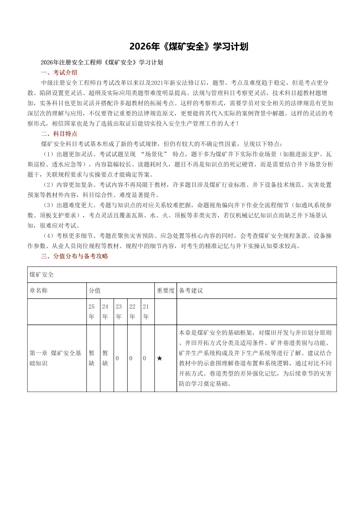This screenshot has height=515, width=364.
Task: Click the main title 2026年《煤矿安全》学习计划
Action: point(189,47)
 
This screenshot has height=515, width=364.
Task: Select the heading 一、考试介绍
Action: point(59,72)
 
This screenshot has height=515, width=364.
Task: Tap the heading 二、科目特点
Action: point(59,134)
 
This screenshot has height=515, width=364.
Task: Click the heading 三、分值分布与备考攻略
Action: point(74,256)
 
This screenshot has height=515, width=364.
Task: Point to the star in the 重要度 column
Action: point(160,359)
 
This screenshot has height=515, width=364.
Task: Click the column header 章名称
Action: point(39,291)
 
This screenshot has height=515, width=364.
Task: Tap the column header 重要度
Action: point(166,291)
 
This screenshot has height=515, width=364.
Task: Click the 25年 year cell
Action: point(92,311)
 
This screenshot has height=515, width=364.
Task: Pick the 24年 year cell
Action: point(105,311)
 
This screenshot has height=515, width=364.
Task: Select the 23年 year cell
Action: point(119,311)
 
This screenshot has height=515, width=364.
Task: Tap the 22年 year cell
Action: point(132,311)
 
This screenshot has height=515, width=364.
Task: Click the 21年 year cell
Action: point(146,311)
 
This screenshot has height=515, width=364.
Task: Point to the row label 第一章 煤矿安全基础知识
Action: point(55,358)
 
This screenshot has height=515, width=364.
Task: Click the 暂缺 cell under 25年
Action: point(92,358)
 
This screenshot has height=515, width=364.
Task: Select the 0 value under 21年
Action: point(145,359)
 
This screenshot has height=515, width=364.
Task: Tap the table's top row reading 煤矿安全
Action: point(42,274)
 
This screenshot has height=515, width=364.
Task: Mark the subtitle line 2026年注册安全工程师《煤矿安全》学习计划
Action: point(101,62)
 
